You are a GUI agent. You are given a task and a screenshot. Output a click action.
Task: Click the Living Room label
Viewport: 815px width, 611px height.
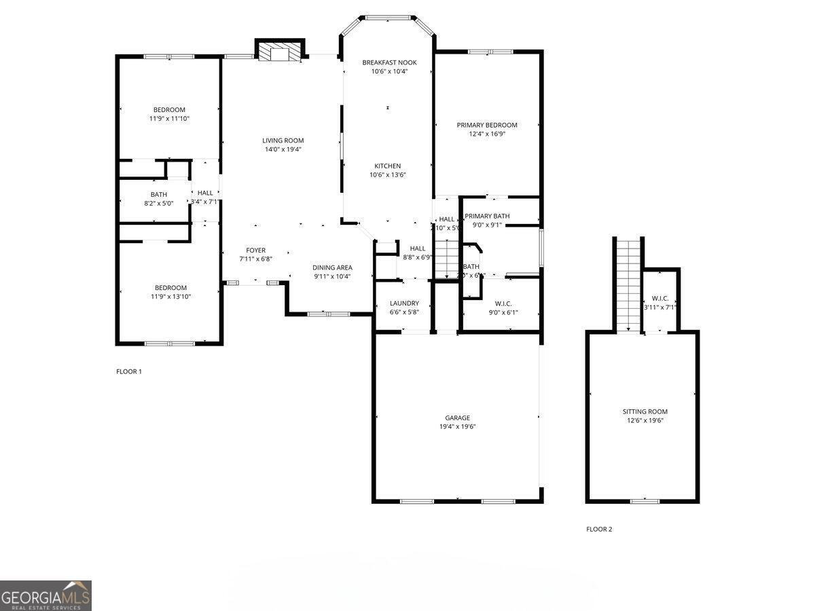coord(283,141)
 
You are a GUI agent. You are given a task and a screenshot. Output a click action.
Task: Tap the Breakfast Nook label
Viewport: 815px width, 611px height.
coord(389,62)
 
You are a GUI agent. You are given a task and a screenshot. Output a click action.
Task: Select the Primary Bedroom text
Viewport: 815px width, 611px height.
coord(487,125)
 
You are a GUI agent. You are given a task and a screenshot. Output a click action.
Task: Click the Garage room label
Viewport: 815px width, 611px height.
coord(457,418)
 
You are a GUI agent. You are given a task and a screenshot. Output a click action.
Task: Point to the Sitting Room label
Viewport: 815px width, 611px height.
coord(645,411)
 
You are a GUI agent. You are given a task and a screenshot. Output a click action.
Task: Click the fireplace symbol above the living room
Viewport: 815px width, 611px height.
coord(278,54)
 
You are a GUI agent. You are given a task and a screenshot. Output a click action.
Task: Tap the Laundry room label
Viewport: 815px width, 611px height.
coord(404,303)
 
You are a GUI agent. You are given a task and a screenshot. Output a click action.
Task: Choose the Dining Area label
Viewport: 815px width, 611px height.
coord(332,267)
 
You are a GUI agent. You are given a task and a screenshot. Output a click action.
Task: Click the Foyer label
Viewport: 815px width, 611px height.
coord(256,251)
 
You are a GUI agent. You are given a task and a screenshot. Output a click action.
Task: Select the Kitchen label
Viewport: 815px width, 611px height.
coord(388,166)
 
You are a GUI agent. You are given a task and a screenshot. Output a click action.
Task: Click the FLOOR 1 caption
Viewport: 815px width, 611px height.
coord(129,371)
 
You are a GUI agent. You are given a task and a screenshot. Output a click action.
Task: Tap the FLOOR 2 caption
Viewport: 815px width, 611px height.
coord(599,529)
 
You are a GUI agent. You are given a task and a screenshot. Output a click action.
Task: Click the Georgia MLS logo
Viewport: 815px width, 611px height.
coord(46,595)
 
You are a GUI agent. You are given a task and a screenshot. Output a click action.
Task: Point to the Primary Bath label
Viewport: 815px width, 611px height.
coord(487,217)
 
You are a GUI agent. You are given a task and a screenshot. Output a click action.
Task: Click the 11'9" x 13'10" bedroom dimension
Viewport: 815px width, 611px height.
coord(169,297)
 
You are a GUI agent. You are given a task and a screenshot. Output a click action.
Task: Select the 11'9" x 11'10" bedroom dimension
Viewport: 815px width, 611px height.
coord(169,119)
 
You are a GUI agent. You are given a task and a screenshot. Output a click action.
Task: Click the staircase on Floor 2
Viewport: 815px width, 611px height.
coord(629,285)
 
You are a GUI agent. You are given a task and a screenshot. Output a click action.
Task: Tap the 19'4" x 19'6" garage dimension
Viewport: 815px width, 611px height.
coord(457,427)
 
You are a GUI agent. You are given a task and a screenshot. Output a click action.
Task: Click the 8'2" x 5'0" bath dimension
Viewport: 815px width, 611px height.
coord(158,203)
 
